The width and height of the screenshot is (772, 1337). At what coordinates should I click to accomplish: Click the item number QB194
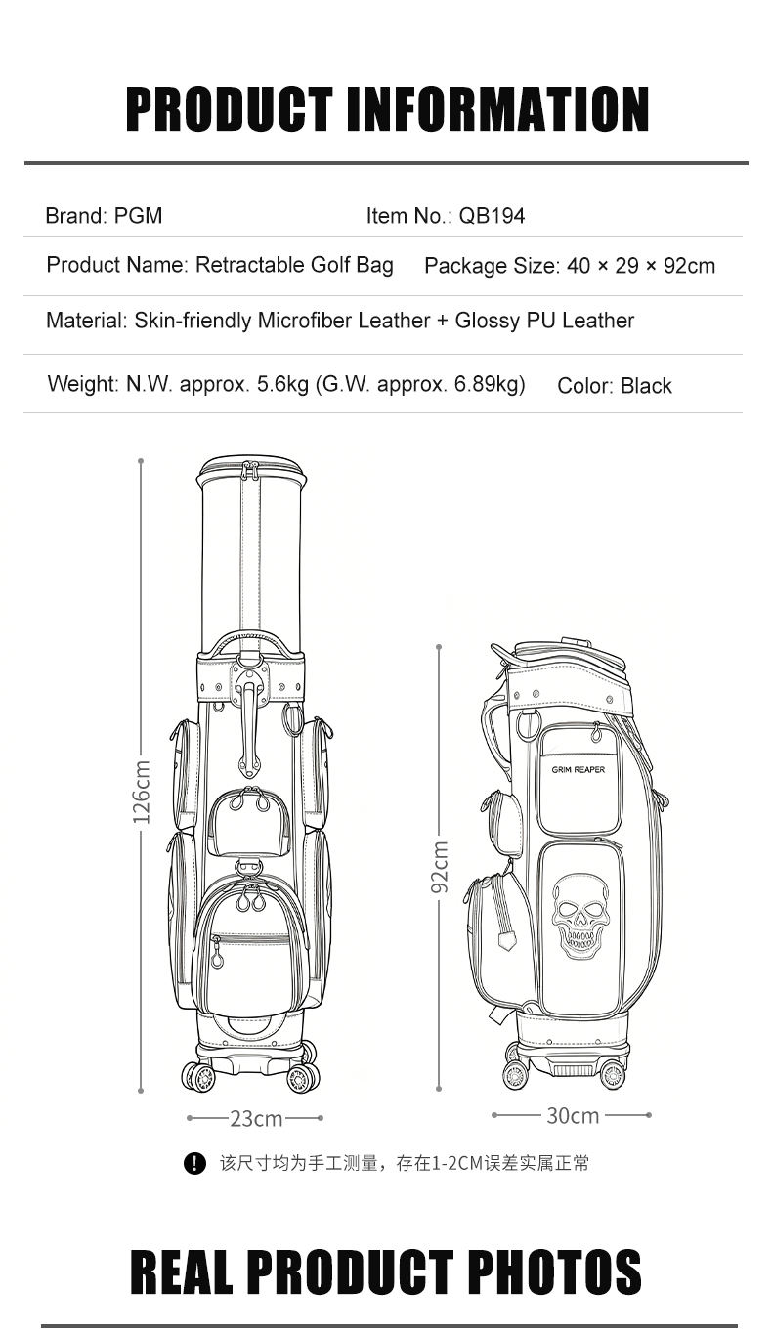492,216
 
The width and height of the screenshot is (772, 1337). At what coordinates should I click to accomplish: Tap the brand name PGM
138,215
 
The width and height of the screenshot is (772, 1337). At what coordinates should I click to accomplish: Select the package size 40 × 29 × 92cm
641,266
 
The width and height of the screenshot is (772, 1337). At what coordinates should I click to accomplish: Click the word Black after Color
646,386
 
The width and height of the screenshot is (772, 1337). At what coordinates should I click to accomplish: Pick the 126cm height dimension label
142,792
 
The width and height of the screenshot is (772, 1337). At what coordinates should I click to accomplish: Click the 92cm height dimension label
440,867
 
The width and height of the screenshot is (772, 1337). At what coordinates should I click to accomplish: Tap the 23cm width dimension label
257,1118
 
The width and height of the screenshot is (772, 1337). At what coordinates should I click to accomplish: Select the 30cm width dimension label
573,1115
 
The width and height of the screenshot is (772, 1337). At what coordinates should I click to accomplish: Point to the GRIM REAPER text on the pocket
579,769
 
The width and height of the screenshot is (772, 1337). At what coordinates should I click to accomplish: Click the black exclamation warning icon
194,1163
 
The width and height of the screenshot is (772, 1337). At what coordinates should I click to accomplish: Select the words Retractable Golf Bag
295,265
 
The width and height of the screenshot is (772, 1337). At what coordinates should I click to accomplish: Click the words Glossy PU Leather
544,321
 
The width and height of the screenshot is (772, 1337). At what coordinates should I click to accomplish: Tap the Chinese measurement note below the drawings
405,1163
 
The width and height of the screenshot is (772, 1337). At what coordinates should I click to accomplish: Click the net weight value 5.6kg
282,384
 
